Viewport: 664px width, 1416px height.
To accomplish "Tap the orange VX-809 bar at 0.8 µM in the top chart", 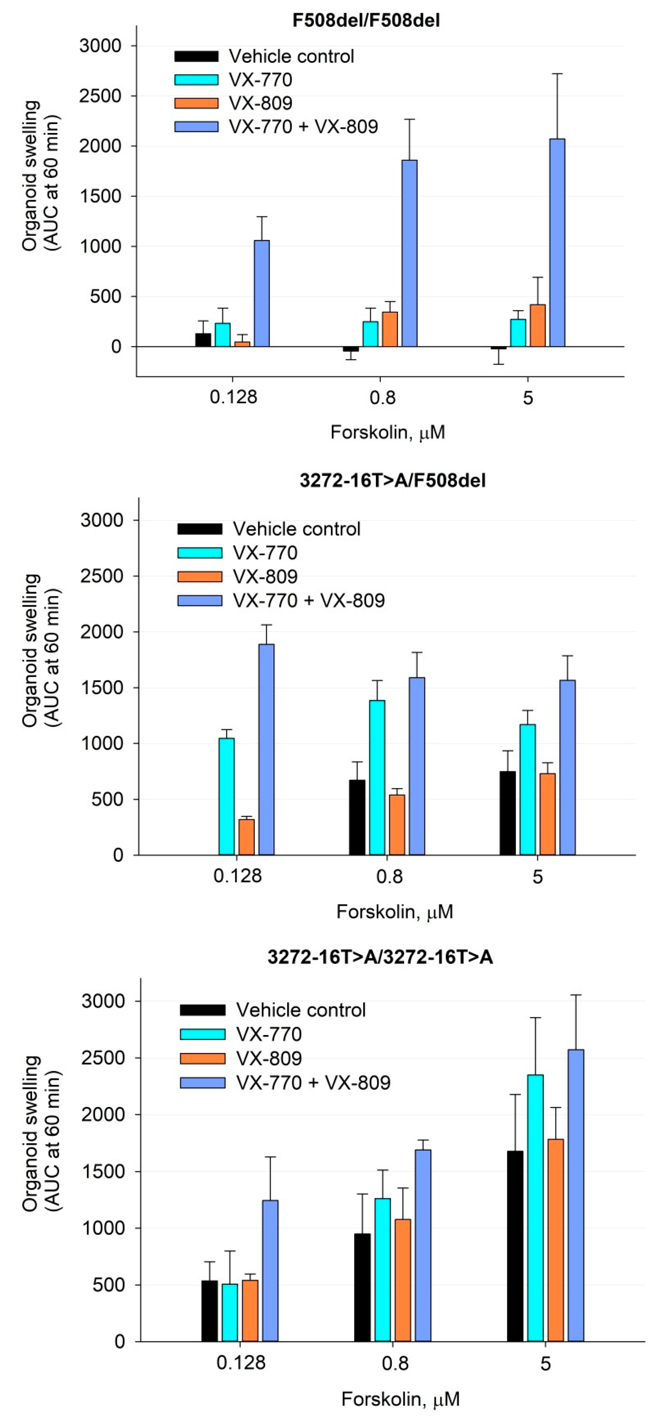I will pos(390,329).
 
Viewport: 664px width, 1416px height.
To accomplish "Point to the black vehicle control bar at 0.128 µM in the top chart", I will pos(203,340).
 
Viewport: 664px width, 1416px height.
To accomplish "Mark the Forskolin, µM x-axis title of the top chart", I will pos(387,432).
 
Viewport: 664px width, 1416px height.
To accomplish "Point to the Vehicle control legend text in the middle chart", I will pos(296,529).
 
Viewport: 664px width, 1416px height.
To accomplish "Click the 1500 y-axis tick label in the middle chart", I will pos(102,688).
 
